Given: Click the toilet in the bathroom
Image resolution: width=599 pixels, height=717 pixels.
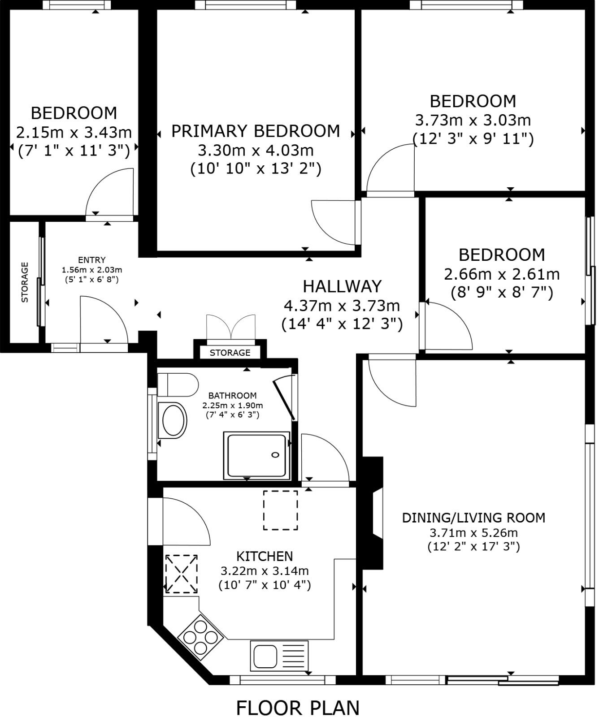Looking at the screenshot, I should [x=178, y=384].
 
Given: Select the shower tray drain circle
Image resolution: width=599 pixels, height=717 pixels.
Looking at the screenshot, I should [x=275, y=455].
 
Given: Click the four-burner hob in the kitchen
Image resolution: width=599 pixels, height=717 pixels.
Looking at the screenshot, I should [x=200, y=636].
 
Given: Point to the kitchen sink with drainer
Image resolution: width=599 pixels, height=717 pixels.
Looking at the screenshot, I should [x=280, y=655].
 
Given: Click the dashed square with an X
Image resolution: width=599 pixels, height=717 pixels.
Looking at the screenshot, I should [x=182, y=574].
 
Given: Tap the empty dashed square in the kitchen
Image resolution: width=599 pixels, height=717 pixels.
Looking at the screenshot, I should [x=281, y=510].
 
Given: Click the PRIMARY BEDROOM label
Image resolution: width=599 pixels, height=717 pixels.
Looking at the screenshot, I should [x=256, y=131].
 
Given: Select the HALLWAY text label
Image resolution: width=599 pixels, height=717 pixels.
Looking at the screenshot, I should [x=342, y=286].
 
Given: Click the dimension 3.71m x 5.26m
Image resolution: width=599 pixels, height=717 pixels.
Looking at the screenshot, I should [x=473, y=533].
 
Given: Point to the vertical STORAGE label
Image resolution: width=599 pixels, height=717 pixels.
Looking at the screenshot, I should [x=25, y=282].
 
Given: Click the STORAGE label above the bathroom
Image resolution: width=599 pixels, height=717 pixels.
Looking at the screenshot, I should [x=230, y=353].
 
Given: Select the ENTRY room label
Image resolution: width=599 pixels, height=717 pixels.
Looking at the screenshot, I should [x=91, y=260].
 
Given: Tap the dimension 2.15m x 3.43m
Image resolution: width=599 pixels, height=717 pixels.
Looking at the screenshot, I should [x=74, y=132].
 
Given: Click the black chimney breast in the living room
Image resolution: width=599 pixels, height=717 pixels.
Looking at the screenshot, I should [x=373, y=513].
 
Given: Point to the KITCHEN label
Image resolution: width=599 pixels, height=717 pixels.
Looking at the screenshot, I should [x=265, y=556].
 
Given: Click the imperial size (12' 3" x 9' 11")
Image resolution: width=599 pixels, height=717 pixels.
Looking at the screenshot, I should [x=473, y=139].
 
